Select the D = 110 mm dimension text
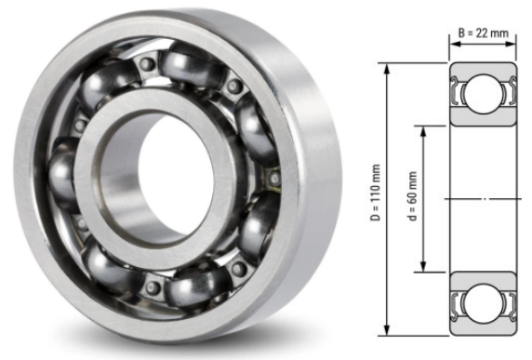[375, 199]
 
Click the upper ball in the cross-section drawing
[482, 94]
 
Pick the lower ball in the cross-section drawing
[482, 302]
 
